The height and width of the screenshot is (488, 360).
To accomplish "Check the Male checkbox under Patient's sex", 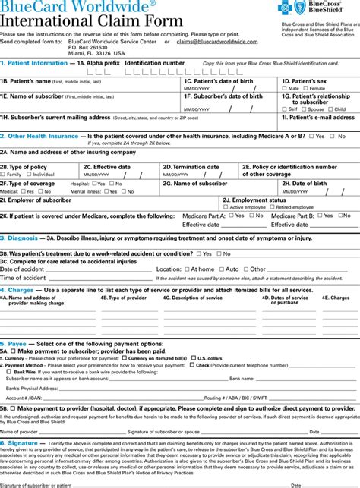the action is point(285,88).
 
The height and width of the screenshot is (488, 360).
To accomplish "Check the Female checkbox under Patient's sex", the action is point(305,88).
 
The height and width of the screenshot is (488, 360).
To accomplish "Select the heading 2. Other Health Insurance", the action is point(39,136).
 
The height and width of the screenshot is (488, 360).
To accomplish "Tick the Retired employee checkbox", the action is point(271,206).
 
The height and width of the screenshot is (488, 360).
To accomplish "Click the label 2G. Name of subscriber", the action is point(194,183).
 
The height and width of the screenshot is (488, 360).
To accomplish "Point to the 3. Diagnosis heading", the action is point(21,238).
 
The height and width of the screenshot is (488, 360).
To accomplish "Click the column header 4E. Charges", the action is point(336,298).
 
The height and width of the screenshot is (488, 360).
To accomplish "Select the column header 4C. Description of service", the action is point(192,298).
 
